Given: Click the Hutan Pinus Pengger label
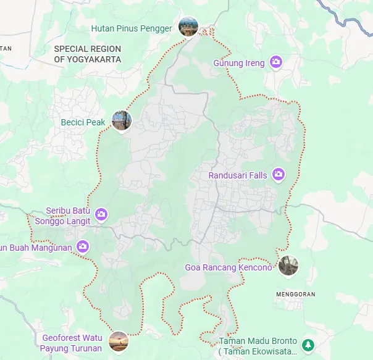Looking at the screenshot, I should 131,28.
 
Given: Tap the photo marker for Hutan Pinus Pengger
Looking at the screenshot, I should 188,27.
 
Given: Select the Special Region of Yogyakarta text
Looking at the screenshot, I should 87,54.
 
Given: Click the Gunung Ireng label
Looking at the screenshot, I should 239,63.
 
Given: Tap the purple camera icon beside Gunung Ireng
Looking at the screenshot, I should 276,62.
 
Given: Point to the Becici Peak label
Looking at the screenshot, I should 83,122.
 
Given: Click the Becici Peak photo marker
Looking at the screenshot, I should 122,120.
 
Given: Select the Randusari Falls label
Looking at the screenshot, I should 238,175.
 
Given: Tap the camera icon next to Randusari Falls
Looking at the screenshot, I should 279,175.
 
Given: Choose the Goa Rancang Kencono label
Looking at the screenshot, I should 228,268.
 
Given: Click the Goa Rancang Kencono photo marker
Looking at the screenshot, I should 288,266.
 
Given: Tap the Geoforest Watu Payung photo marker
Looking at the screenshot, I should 118,341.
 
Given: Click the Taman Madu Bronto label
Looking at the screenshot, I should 258,346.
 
